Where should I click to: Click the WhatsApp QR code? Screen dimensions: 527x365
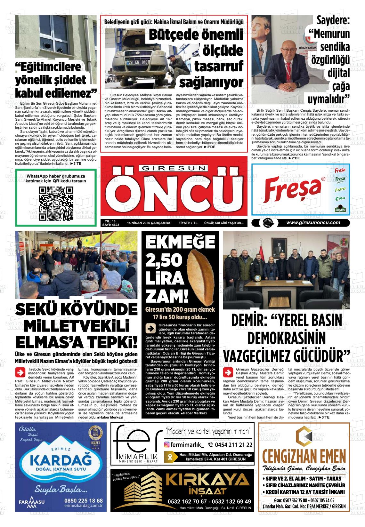tap(56, 204)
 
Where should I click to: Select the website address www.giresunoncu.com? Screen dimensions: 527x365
tap(313, 223)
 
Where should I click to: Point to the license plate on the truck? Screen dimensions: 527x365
tap(137, 62)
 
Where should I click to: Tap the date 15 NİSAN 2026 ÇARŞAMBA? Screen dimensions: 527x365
tap(148, 223)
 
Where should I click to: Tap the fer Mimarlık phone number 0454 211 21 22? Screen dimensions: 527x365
tap(230, 444)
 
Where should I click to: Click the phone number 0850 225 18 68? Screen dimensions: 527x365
tap(83, 500)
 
